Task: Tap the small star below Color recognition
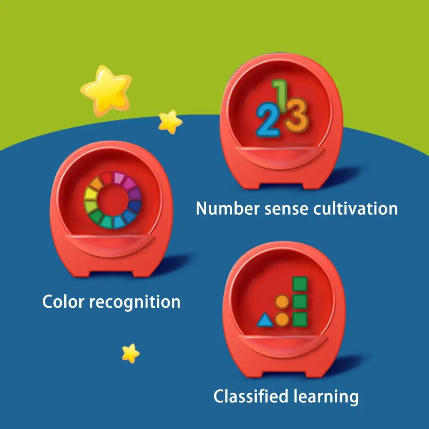(x=131, y=353)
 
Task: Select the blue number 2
(x=268, y=120)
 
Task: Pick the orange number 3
(x=297, y=115)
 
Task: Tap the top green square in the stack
(x=300, y=284)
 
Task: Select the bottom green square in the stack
(x=300, y=319)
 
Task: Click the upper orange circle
(x=282, y=302)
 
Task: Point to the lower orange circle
(x=282, y=319)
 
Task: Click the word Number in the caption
(x=228, y=208)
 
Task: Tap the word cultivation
(x=355, y=208)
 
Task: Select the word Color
(x=63, y=302)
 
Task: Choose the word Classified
(x=251, y=396)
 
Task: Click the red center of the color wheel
(x=112, y=200)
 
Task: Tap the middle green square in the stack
(x=300, y=302)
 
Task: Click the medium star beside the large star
(x=170, y=122)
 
